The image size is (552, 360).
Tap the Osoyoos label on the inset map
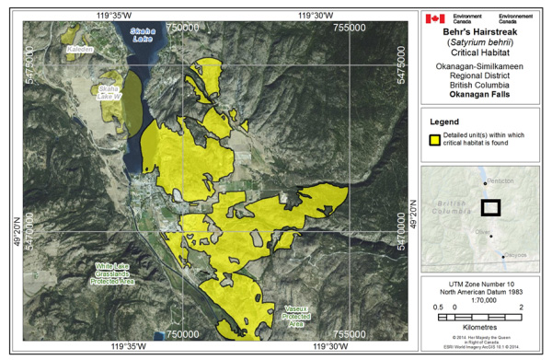point(514,254)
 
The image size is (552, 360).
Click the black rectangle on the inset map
point(490,207)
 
